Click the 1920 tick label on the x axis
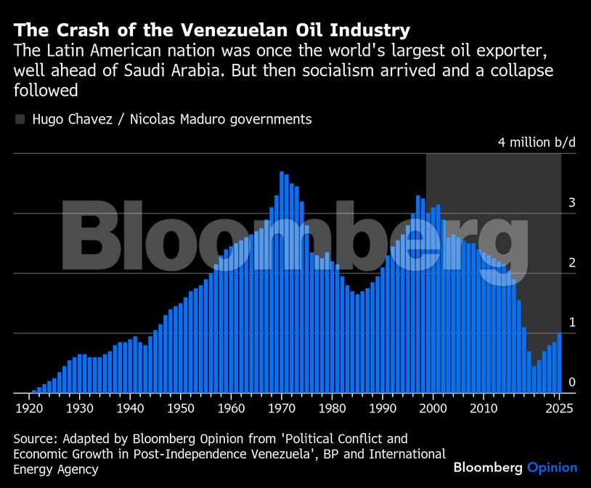(30, 408)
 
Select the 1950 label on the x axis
(181, 408)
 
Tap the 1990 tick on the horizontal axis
(383, 408)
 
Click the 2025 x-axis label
(558, 408)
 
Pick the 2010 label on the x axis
(484, 408)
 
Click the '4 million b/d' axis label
(537, 142)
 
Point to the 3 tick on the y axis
(571, 203)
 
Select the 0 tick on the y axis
(571, 382)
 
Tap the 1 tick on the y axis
(571, 322)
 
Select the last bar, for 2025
(559, 363)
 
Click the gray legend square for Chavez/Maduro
(20, 119)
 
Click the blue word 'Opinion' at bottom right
(552, 468)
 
